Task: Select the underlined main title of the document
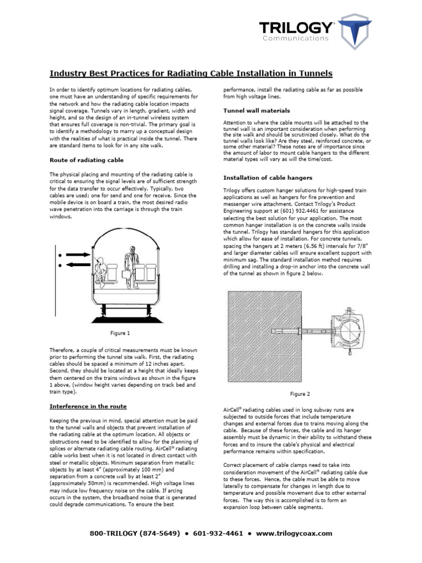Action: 191,73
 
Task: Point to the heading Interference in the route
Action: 88,406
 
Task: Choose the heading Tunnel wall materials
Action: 256,110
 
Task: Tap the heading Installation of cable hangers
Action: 268,178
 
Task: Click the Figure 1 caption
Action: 120,333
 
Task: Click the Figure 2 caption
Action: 300,394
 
